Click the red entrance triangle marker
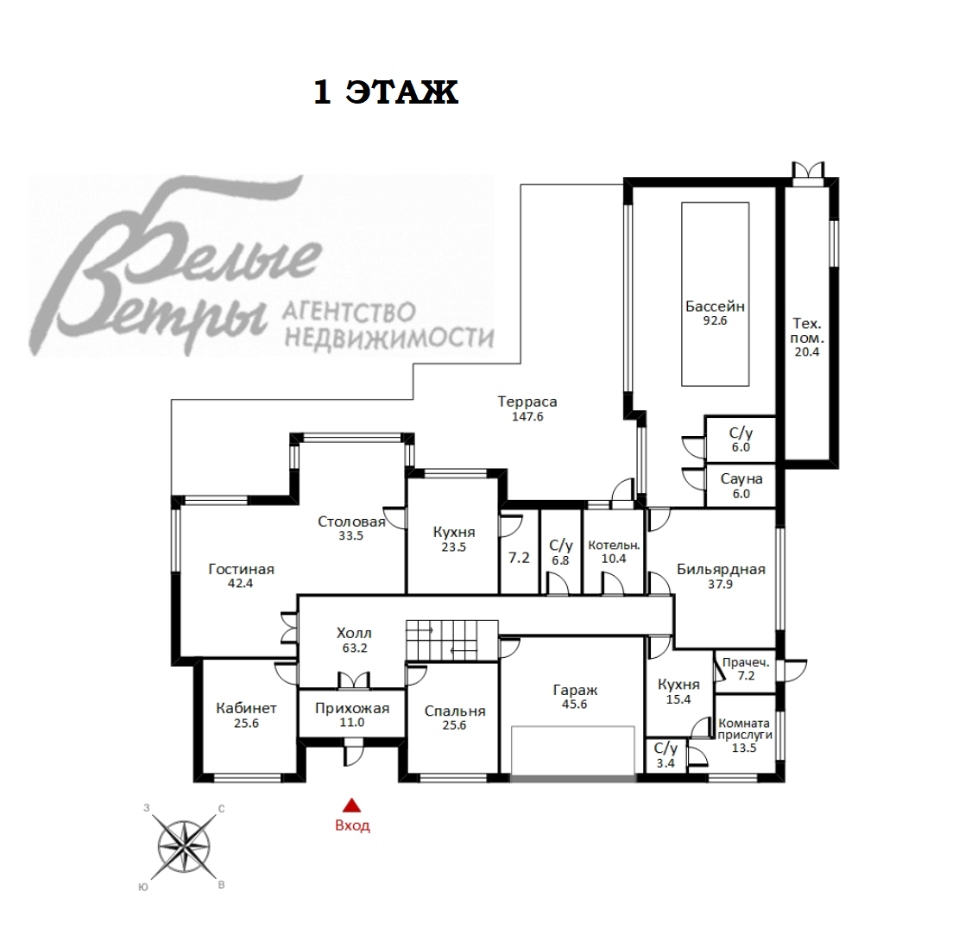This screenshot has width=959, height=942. pyautogui.click(x=351, y=805)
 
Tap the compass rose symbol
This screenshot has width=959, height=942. pyautogui.click(x=184, y=847)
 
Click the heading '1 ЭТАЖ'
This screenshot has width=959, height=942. pyautogui.click(x=386, y=92)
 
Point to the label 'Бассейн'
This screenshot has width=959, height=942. pyautogui.click(x=715, y=306)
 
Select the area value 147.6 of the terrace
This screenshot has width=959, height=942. pyautogui.click(x=527, y=416)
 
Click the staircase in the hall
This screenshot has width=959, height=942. pyautogui.click(x=452, y=641)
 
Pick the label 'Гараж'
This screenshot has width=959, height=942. pyautogui.click(x=575, y=690)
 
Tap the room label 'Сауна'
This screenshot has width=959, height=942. pyautogui.click(x=741, y=479)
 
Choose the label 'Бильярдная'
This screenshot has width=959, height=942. pyautogui.click(x=721, y=570)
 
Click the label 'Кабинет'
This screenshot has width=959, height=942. pyautogui.click(x=247, y=708)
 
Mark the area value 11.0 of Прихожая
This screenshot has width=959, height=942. pyautogui.click(x=351, y=723)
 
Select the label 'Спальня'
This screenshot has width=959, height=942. pyautogui.click(x=455, y=711)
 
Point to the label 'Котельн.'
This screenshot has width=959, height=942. pyautogui.click(x=614, y=545)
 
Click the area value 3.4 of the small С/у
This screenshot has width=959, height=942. pyautogui.click(x=666, y=762)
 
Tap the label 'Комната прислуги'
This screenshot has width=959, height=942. pyautogui.click(x=744, y=729)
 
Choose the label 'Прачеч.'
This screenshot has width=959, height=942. pyautogui.click(x=746, y=662)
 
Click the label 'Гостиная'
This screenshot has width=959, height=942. pyautogui.click(x=241, y=570)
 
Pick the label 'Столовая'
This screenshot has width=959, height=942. pyautogui.click(x=351, y=522)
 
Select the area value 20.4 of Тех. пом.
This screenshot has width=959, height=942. pyautogui.click(x=807, y=351)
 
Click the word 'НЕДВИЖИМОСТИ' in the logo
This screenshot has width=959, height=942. pyautogui.click(x=389, y=337)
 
